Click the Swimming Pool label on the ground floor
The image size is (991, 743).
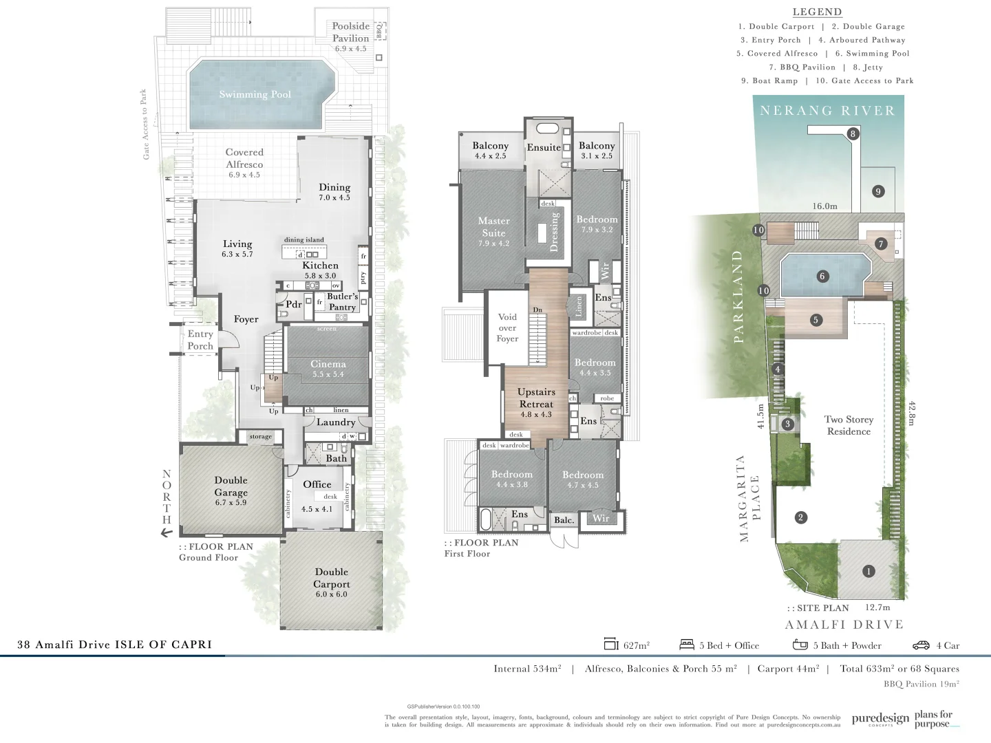click(255, 94)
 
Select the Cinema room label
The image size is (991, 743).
click(328, 368)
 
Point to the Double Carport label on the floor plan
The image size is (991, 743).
click(332, 582)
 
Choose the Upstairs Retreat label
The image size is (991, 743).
click(536, 402)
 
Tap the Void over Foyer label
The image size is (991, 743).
click(507, 327)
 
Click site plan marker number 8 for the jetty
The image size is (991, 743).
click(853, 133)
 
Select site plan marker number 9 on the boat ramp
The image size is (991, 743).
click(877, 191)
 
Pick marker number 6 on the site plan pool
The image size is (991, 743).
click(822, 277)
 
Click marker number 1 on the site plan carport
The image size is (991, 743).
click(869, 571)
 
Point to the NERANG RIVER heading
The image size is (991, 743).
click(827, 111)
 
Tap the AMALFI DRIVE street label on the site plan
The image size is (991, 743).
click(844, 625)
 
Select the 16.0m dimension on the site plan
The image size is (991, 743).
click(824, 206)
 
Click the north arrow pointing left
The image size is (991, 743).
click(166, 532)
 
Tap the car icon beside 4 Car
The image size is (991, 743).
click(921, 645)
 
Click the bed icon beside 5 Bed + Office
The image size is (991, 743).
click(686, 645)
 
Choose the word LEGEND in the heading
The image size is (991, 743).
click(817, 12)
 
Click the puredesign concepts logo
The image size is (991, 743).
click(880, 719)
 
